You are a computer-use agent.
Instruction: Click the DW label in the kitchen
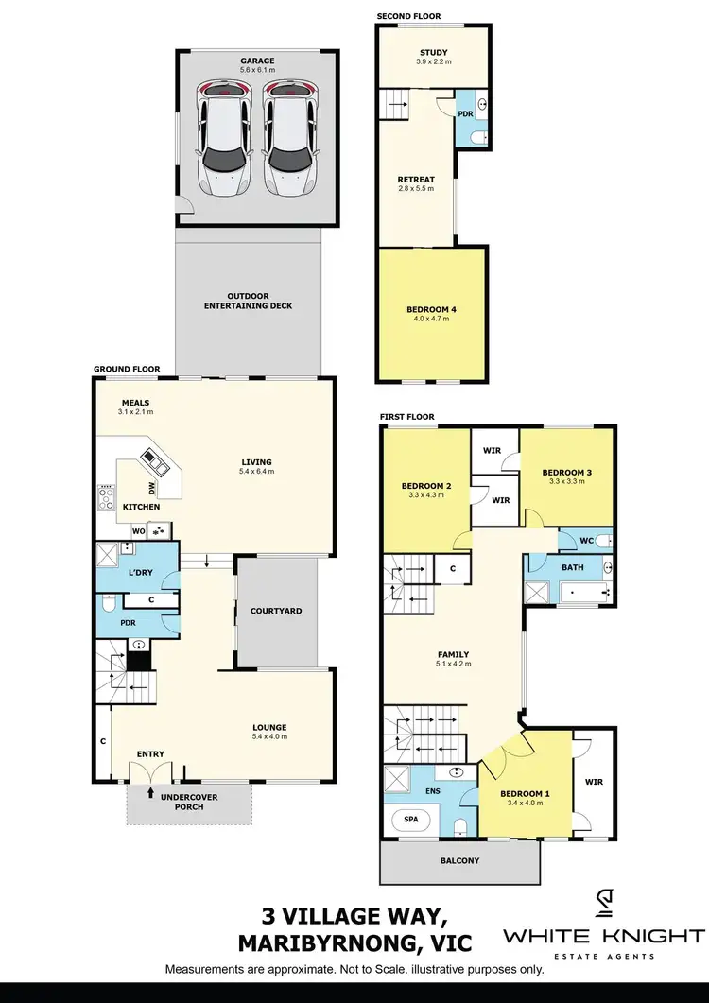point(150,488)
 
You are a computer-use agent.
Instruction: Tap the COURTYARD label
point(276,611)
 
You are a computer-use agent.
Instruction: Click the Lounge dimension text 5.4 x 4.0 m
point(268,736)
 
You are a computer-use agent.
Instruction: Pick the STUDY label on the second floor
point(434,53)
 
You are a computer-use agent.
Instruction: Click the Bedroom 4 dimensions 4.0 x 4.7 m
point(432,319)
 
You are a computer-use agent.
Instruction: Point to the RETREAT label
point(417,179)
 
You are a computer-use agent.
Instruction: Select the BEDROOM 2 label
point(426,486)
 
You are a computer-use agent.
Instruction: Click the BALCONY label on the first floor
point(459,860)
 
